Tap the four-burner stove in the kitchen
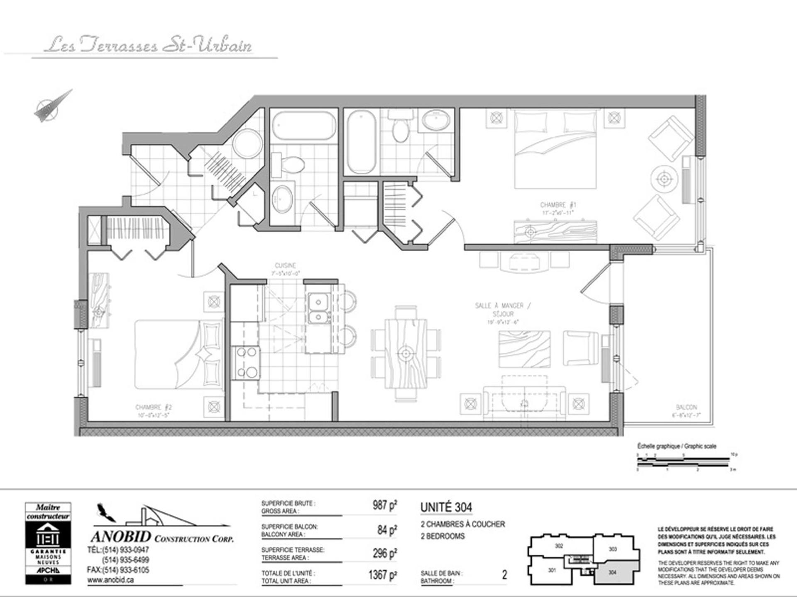coord(246,363)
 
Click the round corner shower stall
coord(247,143)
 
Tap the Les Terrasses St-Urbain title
coord(148,45)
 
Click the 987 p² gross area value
coord(384,505)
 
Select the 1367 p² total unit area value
coord(382,575)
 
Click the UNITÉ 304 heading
coord(446,507)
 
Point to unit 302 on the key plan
coord(559,546)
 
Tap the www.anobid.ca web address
coord(110,580)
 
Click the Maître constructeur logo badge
coord(48,543)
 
